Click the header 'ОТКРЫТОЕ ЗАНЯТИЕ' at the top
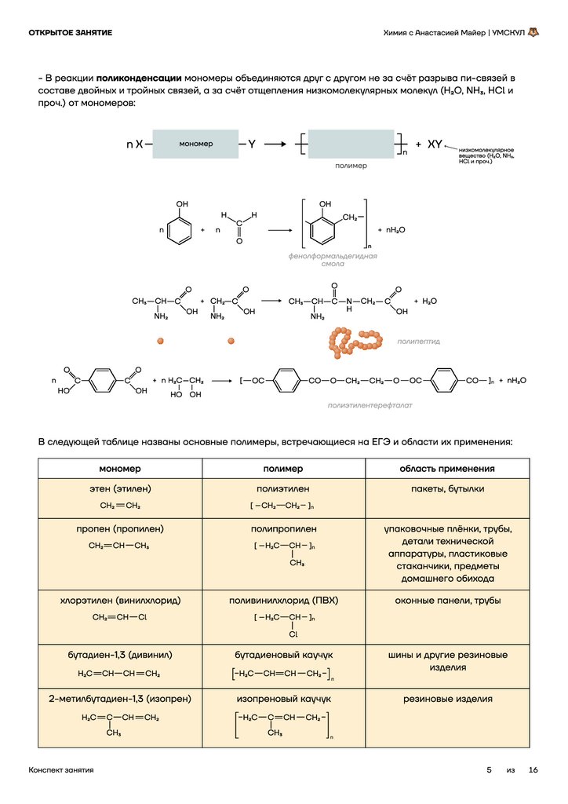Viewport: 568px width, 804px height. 70,32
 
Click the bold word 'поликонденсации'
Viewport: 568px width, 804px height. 140,79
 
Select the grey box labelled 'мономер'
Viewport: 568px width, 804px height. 195,144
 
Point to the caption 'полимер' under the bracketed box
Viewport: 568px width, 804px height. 351,166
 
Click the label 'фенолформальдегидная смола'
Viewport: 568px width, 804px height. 333,260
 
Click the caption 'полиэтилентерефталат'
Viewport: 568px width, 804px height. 370,405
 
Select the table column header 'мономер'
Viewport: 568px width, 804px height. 120,469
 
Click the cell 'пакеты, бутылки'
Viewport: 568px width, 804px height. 447,488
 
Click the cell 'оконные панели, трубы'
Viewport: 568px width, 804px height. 447,601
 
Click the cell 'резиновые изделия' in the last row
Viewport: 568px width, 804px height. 447,698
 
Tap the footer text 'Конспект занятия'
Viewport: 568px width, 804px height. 60,770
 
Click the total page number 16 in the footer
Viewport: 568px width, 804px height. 533,770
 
